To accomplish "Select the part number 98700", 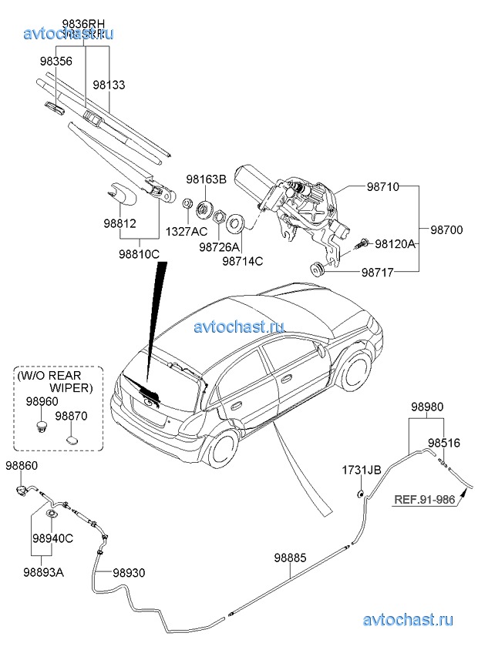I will (x=446, y=229).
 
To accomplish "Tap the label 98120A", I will (x=396, y=244).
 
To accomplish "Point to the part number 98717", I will (x=382, y=273).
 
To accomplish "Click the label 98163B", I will (x=206, y=179).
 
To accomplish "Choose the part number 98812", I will (x=119, y=223).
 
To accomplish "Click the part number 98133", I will (x=109, y=85).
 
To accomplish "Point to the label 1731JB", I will (x=362, y=469).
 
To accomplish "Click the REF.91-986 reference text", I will (x=425, y=499).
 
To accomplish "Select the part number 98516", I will (x=444, y=444).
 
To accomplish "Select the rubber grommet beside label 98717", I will (x=315, y=267).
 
